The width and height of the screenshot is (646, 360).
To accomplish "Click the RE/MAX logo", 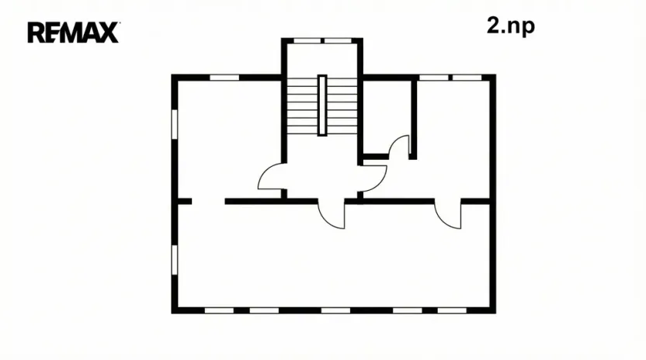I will tap(73, 33).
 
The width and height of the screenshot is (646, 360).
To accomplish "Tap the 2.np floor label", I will tap(511, 26).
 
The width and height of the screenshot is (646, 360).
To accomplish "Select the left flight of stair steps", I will tap(302, 106).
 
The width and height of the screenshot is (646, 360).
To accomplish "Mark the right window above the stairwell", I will tap(337, 40).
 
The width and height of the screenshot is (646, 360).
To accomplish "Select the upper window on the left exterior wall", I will tap(175, 128).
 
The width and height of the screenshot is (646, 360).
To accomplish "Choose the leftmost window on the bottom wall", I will tap(219, 310).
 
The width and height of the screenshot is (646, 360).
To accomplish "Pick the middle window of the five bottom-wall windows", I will tap(335, 310).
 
